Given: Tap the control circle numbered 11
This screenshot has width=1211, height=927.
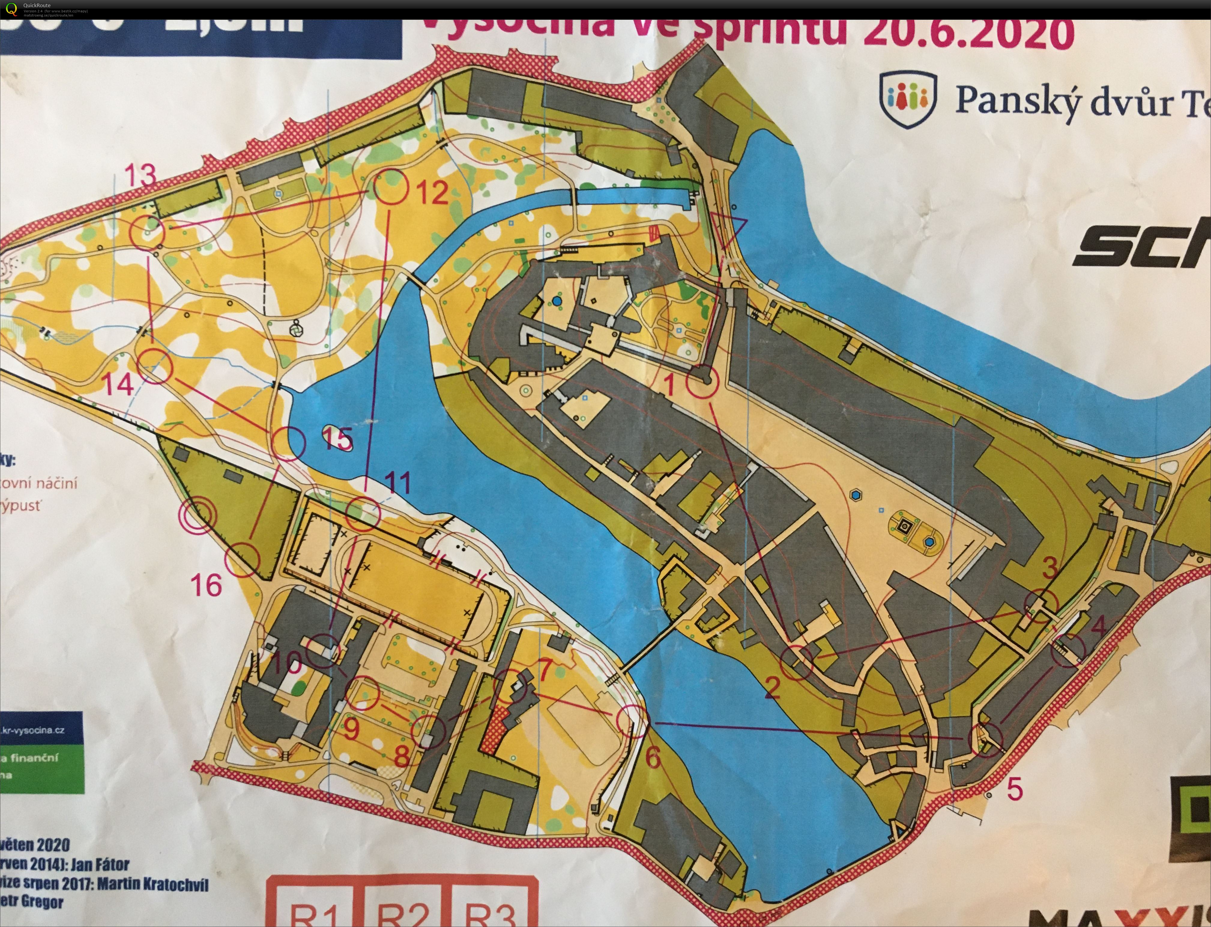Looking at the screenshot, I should point(363,514).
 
